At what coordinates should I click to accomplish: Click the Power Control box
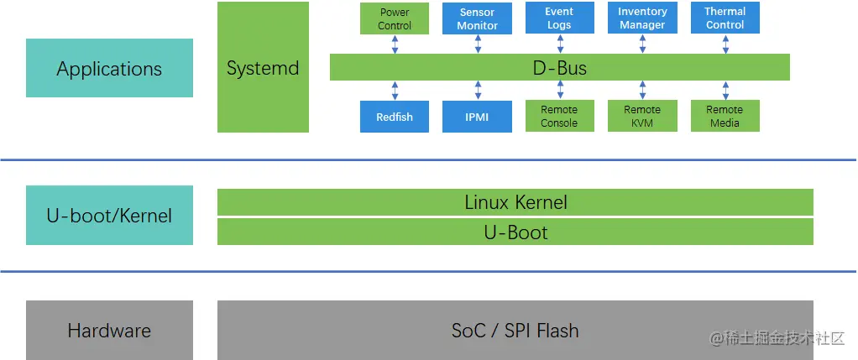(395, 18)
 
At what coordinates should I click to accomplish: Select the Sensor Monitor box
(477, 18)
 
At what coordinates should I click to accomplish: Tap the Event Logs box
(560, 18)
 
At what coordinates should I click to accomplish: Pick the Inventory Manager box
(642, 18)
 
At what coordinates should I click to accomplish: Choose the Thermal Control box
(725, 18)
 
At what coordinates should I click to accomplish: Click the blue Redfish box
(395, 117)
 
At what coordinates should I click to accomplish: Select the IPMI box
(477, 117)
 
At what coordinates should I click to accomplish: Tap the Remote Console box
(560, 116)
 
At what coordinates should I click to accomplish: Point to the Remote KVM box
(642, 116)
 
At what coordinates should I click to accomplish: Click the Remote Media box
(725, 116)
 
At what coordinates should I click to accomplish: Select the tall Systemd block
(264, 67)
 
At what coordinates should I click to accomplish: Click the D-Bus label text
(560, 68)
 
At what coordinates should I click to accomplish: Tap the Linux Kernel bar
(515, 202)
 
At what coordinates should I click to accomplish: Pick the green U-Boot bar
(515, 232)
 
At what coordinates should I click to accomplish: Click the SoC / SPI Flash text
(515, 331)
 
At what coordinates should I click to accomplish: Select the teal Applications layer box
(109, 68)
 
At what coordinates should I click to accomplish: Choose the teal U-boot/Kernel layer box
(109, 215)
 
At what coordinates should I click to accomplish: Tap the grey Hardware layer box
(109, 330)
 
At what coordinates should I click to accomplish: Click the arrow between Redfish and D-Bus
(395, 91)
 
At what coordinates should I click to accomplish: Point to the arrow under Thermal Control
(725, 44)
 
